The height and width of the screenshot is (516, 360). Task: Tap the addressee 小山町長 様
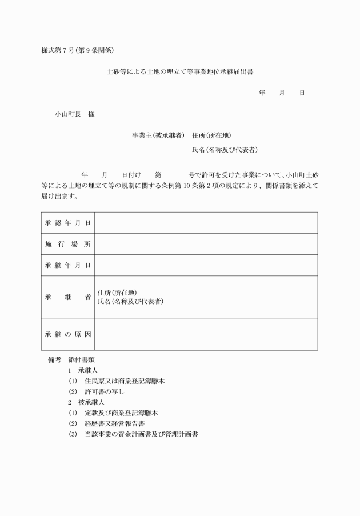click(75, 114)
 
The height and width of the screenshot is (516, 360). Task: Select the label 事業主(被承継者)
click(158, 135)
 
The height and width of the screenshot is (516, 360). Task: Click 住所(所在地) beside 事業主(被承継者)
click(211, 135)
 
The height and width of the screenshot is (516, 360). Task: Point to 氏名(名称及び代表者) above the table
click(225, 150)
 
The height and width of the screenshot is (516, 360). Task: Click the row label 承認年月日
click(68, 223)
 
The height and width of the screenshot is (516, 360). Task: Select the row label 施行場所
click(68, 244)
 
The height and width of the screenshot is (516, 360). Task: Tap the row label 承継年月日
click(68, 265)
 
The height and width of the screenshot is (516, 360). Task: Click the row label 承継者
click(68, 297)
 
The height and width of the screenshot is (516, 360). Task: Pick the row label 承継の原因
click(68, 334)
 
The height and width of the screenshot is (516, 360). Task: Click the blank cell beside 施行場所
click(206, 244)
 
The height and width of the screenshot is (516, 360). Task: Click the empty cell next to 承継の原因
click(206, 334)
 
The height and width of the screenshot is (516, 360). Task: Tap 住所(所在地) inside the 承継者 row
click(118, 293)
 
